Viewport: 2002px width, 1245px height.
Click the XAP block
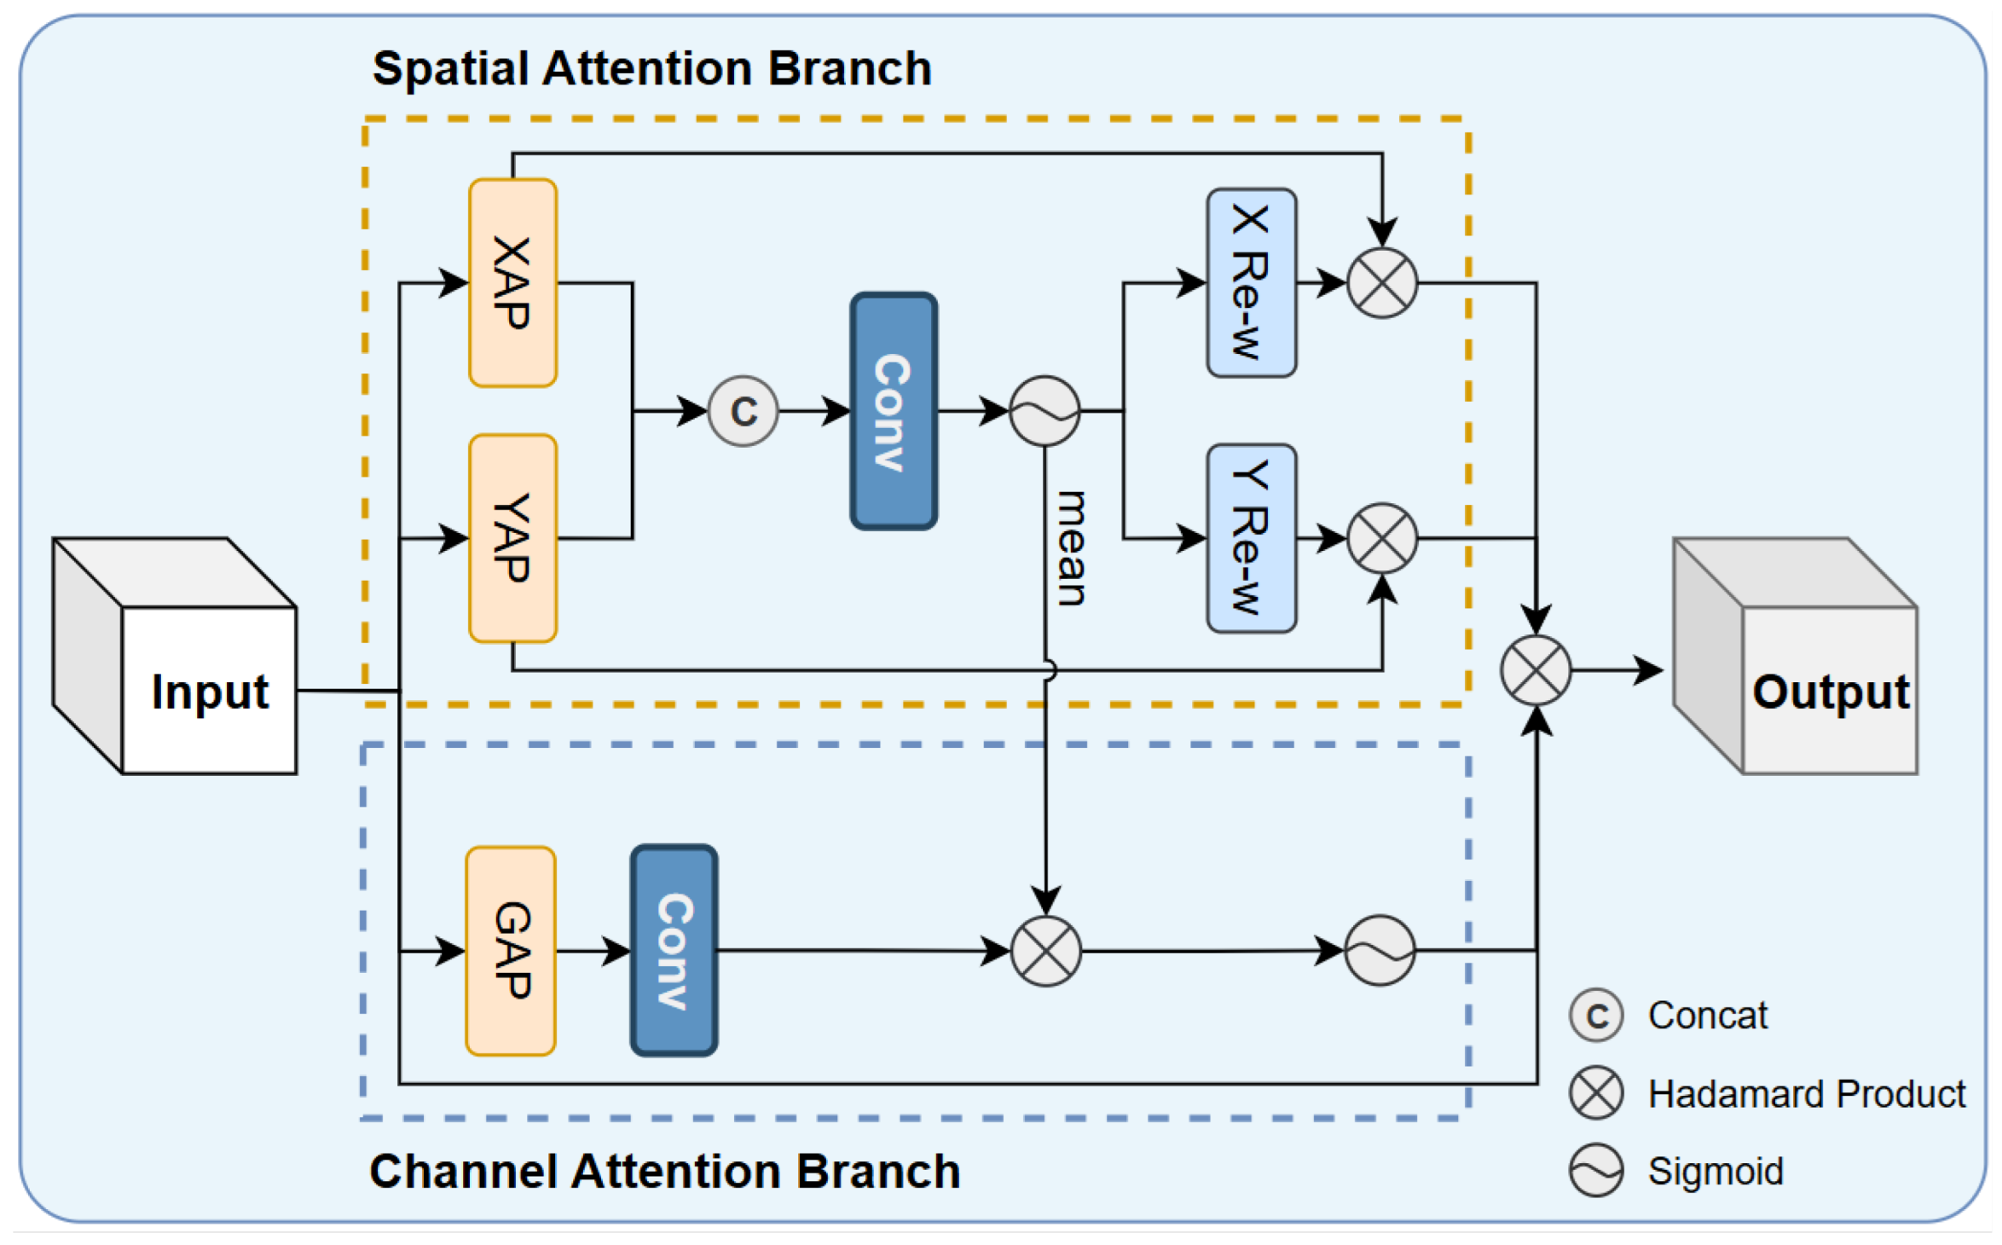pyautogui.click(x=512, y=283)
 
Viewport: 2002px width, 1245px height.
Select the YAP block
pyautogui.click(x=512, y=538)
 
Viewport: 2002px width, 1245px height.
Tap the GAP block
pyautogui.click(x=511, y=951)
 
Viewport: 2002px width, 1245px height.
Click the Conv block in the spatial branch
pyautogui.click(x=894, y=411)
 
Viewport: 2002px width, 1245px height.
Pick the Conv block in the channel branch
pyautogui.click(x=674, y=951)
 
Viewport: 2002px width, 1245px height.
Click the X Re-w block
pyautogui.click(x=1251, y=283)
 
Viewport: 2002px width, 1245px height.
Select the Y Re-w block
pyautogui.click(x=1251, y=538)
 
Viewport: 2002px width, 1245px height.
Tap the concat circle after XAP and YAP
pyautogui.click(x=743, y=411)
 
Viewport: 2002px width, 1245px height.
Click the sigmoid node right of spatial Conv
pyautogui.click(x=1044, y=411)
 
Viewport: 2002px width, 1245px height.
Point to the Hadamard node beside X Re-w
pyautogui.click(x=1382, y=283)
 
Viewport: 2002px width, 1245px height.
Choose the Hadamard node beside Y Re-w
pyautogui.click(x=1382, y=538)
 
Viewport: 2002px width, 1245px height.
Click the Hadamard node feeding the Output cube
pyautogui.click(x=1536, y=670)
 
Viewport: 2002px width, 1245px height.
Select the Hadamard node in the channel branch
pyautogui.click(x=1046, y=951)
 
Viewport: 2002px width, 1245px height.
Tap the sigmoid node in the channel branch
pyautogui.click(x=1380, y=951)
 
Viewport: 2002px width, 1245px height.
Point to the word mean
pyautogui.click(x=1071, y=548)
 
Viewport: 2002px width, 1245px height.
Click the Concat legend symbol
pyautogui.click(x=1596, y=1016)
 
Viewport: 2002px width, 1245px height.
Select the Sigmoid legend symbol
pyautogui.click(x=1596, y=1171)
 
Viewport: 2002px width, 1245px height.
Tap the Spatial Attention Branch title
pyautogui.click(x=652, y=68)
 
